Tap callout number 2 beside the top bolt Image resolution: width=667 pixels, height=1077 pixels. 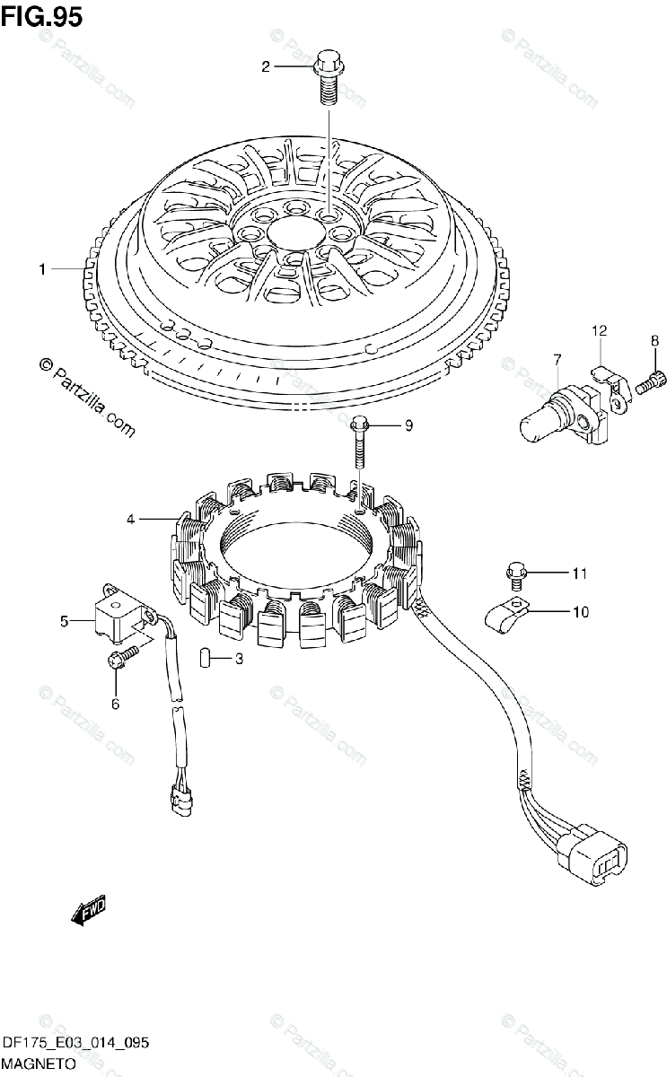[266, 66]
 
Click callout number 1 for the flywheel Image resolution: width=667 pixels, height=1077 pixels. [41, 268]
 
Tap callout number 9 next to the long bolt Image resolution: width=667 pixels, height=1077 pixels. [408, 426]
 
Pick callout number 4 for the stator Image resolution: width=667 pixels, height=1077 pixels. [131, 519]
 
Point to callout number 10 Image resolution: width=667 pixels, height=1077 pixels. [580, 613]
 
